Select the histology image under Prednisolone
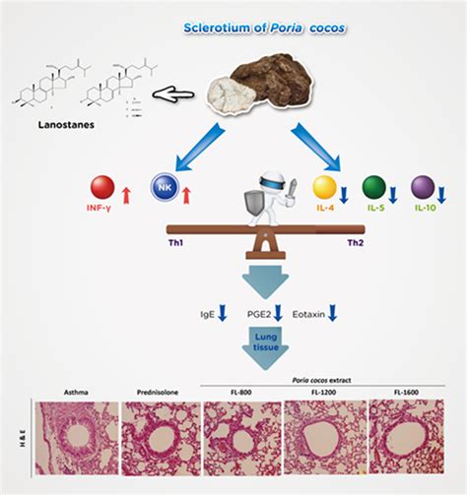(159, 440)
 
